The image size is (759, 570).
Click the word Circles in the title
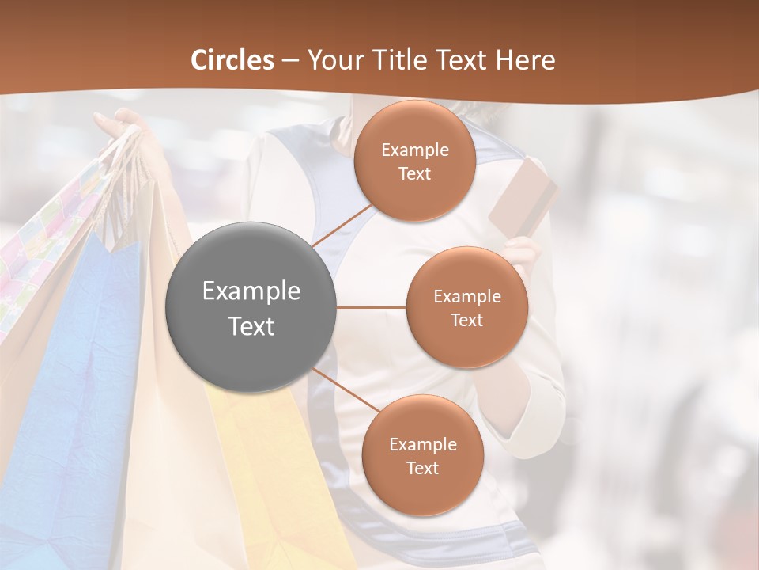(x=232, y=60)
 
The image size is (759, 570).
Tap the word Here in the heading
(x=525, y=60)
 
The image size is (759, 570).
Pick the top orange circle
(x=414, y=161)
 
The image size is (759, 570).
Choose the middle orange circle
(x=466, y=307)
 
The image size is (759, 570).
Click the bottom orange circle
(x=422, y=455)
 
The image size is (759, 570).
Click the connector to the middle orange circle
(x=372, y=307)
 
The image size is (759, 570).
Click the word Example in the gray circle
(x=251, y=291)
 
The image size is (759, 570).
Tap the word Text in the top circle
(x=414, y=173)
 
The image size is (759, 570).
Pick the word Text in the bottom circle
(x=422, y=468)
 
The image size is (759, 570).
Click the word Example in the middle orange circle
(x=466, y=296)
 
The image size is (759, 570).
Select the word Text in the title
(x=462, y=60)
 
